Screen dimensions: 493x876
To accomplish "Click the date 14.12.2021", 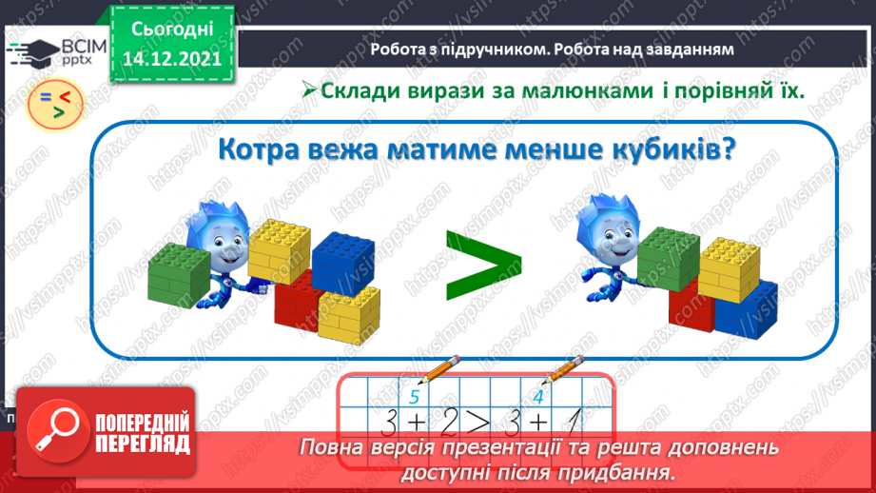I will [172, 56].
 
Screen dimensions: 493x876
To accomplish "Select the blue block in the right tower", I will [746, 310].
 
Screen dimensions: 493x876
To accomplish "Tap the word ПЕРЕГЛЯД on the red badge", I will [142, 444].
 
